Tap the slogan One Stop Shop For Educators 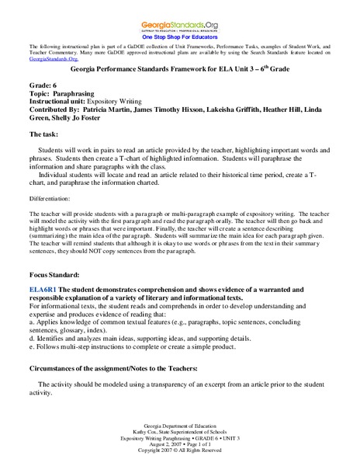pyautogui.click(x=180, y=36)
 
